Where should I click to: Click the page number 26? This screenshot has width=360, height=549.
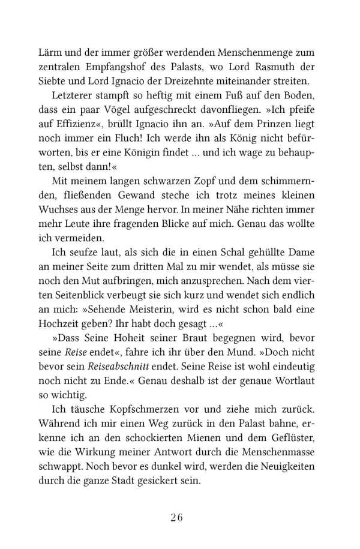(180, 517)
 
